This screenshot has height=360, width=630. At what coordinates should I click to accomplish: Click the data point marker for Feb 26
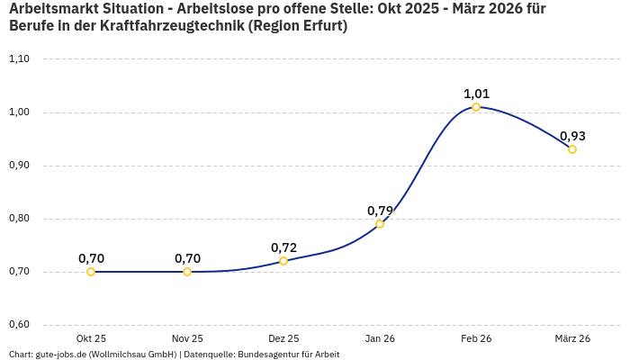point(476,107)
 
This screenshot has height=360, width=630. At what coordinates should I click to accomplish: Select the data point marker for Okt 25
point(91,272)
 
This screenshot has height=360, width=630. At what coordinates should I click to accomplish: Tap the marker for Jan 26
point(380,224)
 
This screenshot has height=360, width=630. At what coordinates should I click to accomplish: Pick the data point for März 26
point(572,149)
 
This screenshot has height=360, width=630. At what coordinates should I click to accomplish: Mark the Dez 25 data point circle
point(283,261)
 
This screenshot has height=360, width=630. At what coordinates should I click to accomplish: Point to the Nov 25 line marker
point(187,272)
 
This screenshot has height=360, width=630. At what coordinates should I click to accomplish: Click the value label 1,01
point(476,94)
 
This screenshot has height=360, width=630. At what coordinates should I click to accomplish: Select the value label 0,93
point(572,136)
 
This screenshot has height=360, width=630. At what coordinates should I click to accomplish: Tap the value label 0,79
point(380,211)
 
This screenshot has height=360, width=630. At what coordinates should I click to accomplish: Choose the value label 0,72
point(283,247)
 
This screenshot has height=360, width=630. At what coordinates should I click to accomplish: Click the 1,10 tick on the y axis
point(19,59)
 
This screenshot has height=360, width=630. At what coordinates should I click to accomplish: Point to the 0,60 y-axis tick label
point(19,325)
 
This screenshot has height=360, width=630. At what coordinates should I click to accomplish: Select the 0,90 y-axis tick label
point(19,166)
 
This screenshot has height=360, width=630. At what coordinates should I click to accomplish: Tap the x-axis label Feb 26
point(476,338)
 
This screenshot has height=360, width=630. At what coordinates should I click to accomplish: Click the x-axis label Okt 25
point(91,338)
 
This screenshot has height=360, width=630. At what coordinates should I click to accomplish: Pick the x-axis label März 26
point(572,338)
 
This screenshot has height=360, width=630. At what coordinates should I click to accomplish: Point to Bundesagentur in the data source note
point(265,355)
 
